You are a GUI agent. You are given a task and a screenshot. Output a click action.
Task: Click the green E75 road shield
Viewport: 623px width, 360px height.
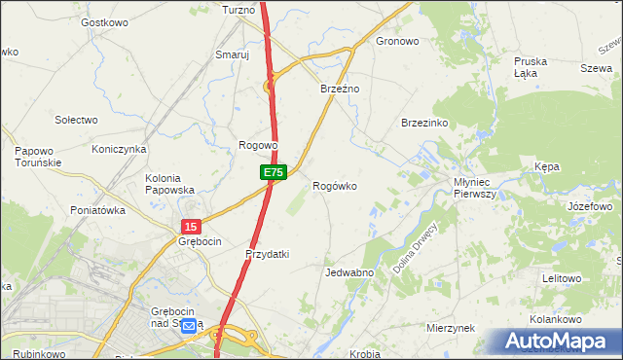pyautogui.click(x=274, y=172)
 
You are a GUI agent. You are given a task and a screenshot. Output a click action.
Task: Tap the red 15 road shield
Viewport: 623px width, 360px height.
pyautogui.click(x=190, y=226)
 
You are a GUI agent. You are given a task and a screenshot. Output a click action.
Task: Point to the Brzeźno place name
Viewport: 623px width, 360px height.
pyautogui.click(x=341, y=89)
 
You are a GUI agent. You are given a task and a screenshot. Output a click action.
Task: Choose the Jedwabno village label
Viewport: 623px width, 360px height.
pyautogui.click(x=349, y=272)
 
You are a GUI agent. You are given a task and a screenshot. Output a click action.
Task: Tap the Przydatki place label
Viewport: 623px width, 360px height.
pyautogui.click(x=267, y=254)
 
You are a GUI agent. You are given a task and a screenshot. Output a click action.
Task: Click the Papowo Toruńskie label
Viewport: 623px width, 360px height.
pyautogui.click(x=39, y=157)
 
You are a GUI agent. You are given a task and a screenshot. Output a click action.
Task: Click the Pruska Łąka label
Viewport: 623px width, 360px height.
pyautogui.click(x=531, y=66)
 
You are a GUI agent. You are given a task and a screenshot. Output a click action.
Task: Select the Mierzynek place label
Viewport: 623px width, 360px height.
pyautogui.click(x=449, y=329)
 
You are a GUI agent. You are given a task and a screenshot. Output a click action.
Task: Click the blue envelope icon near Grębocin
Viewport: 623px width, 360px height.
pyautogui.click(x=188, y=326)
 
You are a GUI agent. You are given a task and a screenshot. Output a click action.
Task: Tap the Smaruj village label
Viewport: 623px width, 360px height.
pyautogui.click(x=233, y=55)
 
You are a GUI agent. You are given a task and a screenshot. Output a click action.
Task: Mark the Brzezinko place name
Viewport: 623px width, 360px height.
pyautogui.click(x=423, y=124)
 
